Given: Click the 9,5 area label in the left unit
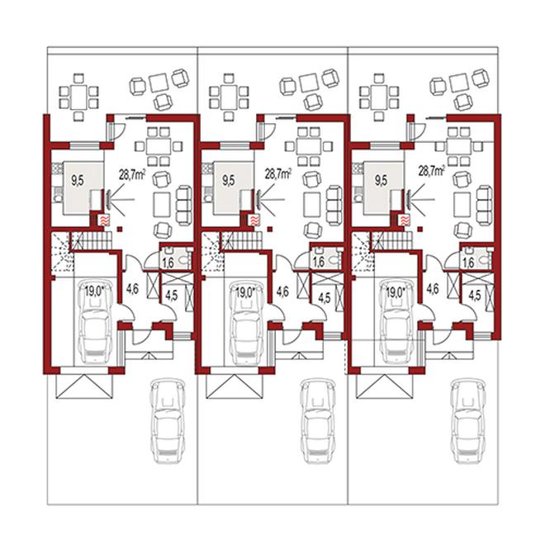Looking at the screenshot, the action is [78, 181].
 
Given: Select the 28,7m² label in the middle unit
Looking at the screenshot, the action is [278, 173].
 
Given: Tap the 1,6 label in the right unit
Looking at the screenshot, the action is [468, 263].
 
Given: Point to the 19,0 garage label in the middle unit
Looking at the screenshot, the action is [244, 292].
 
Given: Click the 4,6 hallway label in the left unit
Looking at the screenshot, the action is [132, 289].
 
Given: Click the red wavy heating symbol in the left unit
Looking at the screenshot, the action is [104, 220].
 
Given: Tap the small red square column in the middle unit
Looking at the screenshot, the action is [270, 229].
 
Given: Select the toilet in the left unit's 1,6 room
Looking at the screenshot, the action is [183, 258].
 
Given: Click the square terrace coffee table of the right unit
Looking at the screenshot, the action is [459, 82].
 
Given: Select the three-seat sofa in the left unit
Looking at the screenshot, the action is [184, 206].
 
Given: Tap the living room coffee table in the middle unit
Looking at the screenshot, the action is [312, 205].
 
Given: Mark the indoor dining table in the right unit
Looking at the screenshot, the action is [459, 147].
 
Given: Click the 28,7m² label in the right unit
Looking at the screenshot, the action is [431, 171].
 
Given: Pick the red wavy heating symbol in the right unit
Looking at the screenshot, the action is [405, 220].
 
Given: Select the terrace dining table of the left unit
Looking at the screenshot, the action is [79, 97].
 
